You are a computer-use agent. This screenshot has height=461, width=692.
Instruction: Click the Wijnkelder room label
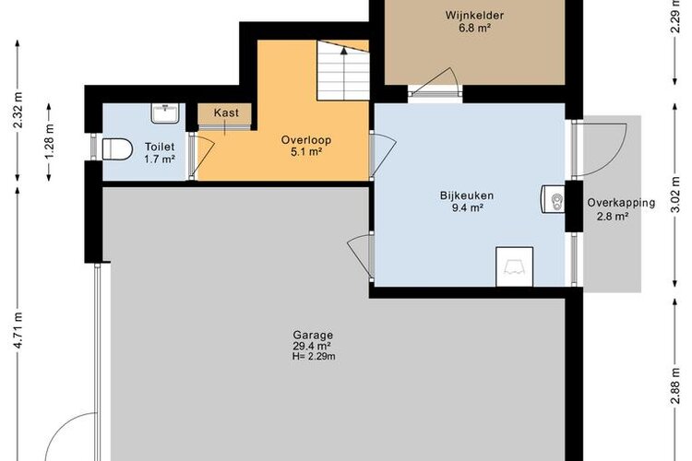[474, 16]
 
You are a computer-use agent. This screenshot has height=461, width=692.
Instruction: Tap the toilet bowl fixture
[117, 149]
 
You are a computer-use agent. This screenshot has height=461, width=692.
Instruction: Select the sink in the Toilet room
[165, 112]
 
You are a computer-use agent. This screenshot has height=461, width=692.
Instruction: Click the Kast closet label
[226, 112]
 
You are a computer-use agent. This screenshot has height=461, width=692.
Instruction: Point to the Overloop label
[306, 140]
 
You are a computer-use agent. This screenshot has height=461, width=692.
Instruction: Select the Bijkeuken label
[467, 195]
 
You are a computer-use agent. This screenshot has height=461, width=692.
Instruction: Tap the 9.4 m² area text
[467, 207]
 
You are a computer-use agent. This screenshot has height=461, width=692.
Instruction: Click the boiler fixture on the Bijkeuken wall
[553, 199]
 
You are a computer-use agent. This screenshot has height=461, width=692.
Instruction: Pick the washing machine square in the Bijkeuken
[514, 266]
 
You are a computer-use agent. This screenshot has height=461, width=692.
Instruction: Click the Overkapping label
[621, 203]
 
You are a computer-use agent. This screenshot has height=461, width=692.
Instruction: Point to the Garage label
[313, 336]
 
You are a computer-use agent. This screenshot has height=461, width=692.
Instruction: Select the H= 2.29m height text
[314, 357]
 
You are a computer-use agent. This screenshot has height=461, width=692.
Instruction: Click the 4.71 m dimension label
[18, 329]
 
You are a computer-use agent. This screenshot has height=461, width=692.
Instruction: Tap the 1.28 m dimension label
[50, 141]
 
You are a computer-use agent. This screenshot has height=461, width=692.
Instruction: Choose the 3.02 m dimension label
[674, 195]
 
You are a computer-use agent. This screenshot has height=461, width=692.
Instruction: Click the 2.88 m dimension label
[674, 386]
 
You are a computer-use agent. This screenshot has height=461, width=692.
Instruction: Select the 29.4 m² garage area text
[312, 347]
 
